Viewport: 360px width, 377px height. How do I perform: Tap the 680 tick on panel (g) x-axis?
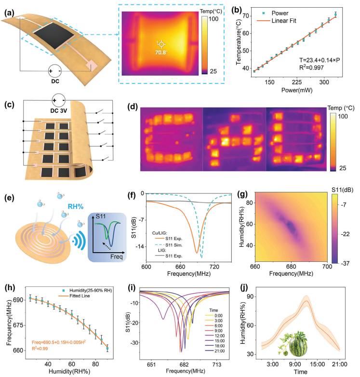coord(291,266)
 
